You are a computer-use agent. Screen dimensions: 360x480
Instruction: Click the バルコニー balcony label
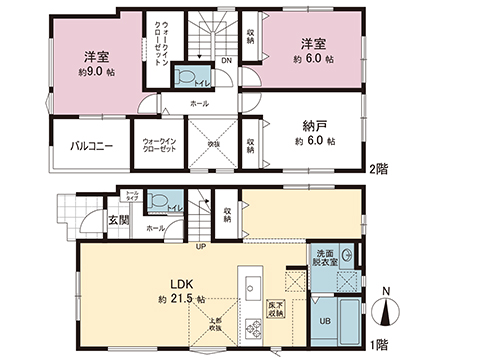(x=91, y=146)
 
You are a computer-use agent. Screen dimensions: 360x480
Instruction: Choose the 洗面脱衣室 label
(x=326, y=260)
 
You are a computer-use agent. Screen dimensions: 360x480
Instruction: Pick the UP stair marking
(x=200, y=247)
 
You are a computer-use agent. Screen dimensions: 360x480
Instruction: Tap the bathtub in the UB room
(x=349, y=322)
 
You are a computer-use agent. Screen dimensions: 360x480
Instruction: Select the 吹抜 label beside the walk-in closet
(x=213, y=144)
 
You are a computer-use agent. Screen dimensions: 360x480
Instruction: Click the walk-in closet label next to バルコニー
(x=160, y=146)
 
